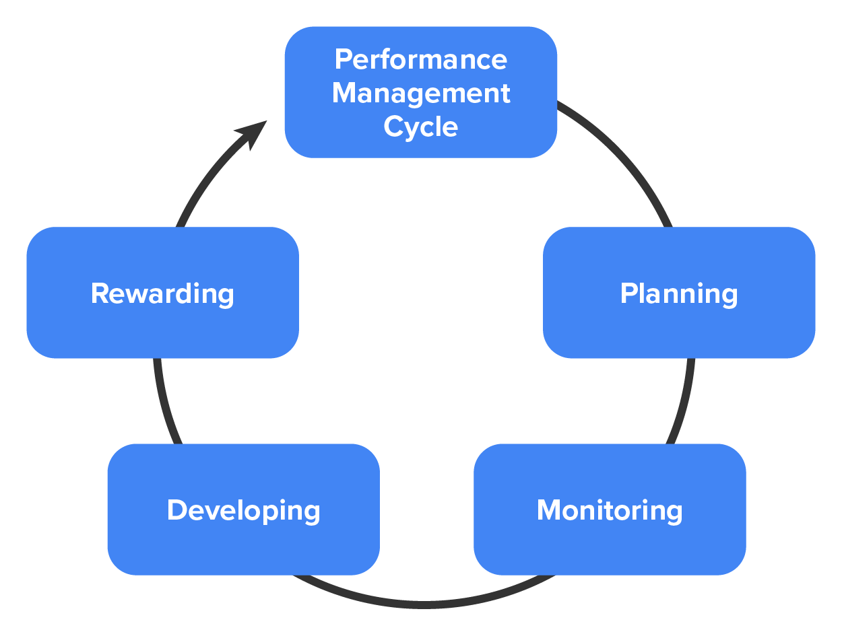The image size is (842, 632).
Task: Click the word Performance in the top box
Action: (421, 59)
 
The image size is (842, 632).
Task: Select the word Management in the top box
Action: (421, 92)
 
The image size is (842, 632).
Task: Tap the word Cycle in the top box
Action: (421, 126)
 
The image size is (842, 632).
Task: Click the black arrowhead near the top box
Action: (251, 133)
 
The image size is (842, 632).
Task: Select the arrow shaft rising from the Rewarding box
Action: (205, 178)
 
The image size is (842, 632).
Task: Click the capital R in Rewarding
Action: (100, 293)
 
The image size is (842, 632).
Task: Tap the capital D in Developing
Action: (176, 510)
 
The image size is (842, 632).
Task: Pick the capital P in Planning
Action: (628, 293)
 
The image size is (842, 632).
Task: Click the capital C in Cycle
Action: (393, 126)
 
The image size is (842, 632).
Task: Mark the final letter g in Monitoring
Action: (674, 513)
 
